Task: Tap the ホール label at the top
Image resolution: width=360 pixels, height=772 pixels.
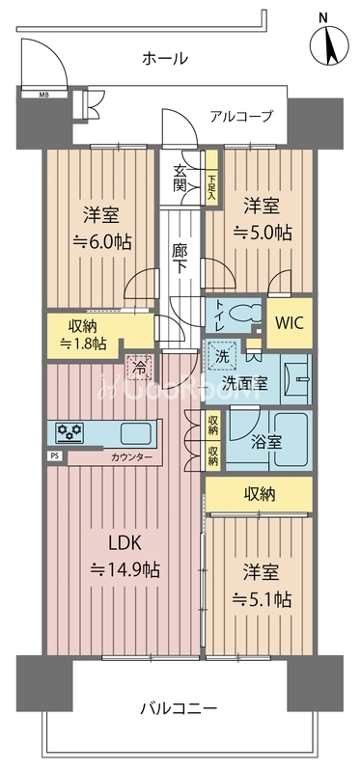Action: pos(165,59)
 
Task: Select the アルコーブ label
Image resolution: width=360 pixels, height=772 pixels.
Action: pos(241,116)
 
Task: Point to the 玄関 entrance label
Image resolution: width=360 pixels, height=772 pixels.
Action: pos(180,179)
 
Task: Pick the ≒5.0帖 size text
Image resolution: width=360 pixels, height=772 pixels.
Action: pos(263,233)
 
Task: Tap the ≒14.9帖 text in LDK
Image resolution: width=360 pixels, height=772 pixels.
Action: pos(125,569)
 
